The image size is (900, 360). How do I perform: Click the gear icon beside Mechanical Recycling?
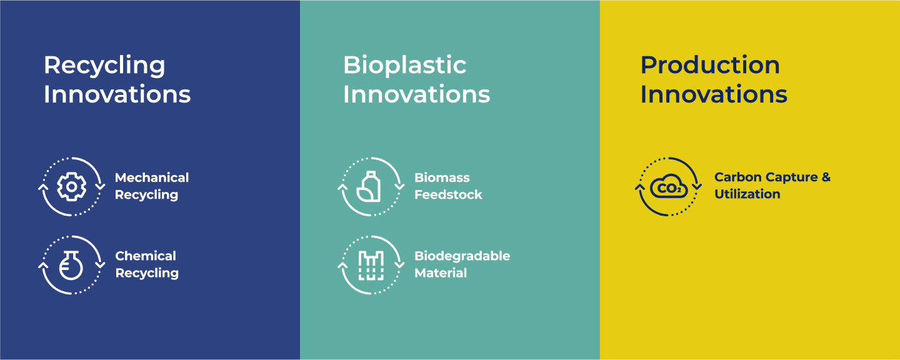click(71, 186)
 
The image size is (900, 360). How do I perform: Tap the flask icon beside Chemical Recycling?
click(71, 265)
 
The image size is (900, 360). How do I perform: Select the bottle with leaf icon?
click(369, 186)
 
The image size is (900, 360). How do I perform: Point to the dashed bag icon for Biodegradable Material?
click(371, 265)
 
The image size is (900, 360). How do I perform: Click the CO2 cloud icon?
click(669, 186)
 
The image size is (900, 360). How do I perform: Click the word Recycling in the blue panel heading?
click(104, 66)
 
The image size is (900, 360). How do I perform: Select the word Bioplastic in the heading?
click(404, 65)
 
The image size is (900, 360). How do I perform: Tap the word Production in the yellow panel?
click(710, 65)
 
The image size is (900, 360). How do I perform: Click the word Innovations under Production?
click(714, 94)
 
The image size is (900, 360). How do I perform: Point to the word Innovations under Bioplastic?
click(417, 94)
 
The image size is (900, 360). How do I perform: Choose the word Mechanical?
click(152, 177)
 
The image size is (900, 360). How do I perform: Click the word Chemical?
click(146, 256)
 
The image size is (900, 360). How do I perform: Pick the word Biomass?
click(442, 177)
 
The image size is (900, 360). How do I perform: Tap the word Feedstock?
click(448, 194)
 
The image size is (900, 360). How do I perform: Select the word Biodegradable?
click(462, 256)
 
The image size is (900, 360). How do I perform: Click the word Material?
click(441, 272)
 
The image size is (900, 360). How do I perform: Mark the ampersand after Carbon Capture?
click(826, 177)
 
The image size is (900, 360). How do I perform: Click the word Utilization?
click(747, 194)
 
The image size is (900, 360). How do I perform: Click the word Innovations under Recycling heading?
click(117, 94)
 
